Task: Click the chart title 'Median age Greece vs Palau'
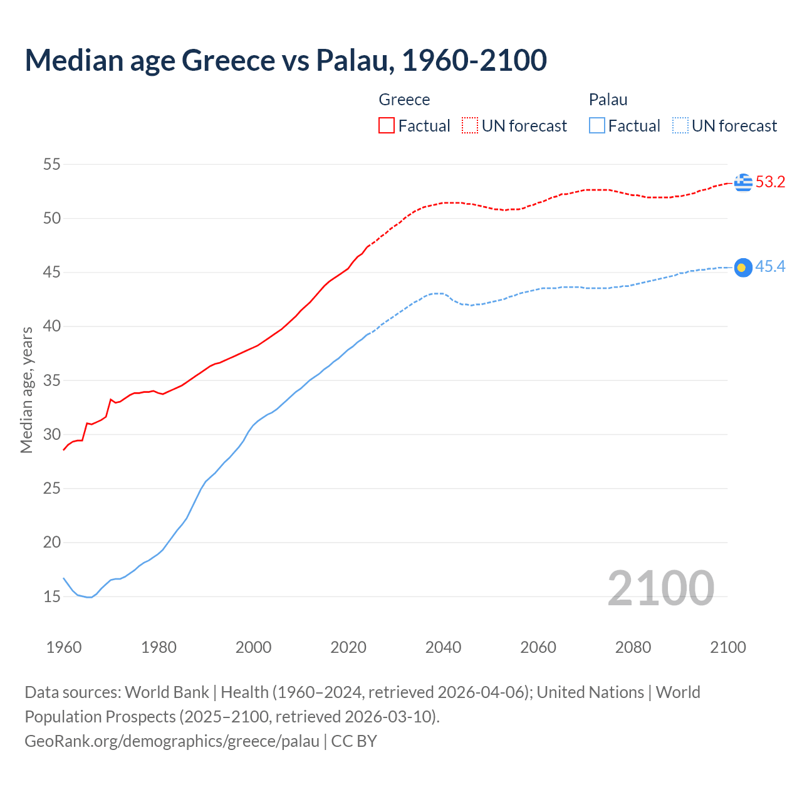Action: coord(286,60)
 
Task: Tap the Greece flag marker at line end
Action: coord(743,182)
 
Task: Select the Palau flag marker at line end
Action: coord(743,268)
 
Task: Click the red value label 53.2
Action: coord(770,182)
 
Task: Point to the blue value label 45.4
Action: coord(770,267)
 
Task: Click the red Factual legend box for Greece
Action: coord(387,125)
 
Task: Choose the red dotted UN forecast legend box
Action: coord(470,125)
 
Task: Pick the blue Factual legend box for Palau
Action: coord(597,125)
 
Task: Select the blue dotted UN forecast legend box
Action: coord(680,125)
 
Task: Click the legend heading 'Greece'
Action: coord(404,100)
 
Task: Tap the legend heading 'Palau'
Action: coord(608,100)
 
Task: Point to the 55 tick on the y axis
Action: coord(51,165)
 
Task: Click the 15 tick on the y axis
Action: coord(51,596)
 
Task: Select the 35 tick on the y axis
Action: coord(51,380)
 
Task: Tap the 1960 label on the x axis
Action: coord(64,647)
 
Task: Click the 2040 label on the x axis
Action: coord(443,647)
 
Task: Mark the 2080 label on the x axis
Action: coord(633,647)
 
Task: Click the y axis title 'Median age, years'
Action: coord(26,390)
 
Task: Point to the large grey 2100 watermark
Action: coord(660,588)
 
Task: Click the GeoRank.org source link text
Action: coord(172,741)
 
